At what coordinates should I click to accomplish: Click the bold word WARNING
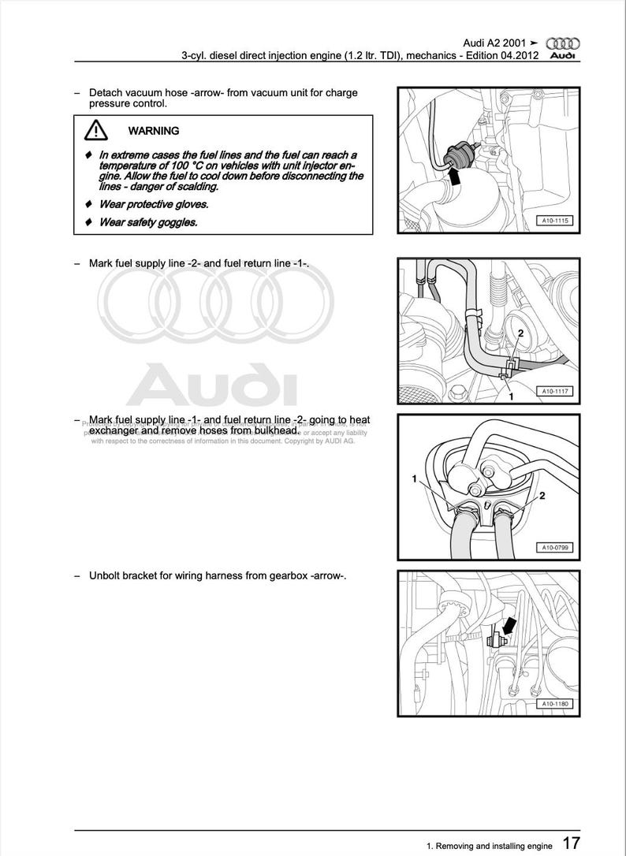coord(154,131)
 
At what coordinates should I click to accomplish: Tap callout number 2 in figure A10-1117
coord(521,334)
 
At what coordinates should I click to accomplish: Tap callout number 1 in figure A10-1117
coord(510,396)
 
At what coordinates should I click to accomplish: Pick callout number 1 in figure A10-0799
coord(414,478)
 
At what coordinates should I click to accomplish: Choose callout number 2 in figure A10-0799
coord(542,496)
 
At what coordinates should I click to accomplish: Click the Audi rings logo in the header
coord(562,43)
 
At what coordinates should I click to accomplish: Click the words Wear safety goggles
coord(148,222)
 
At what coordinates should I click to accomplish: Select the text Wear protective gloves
coord(154,204)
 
